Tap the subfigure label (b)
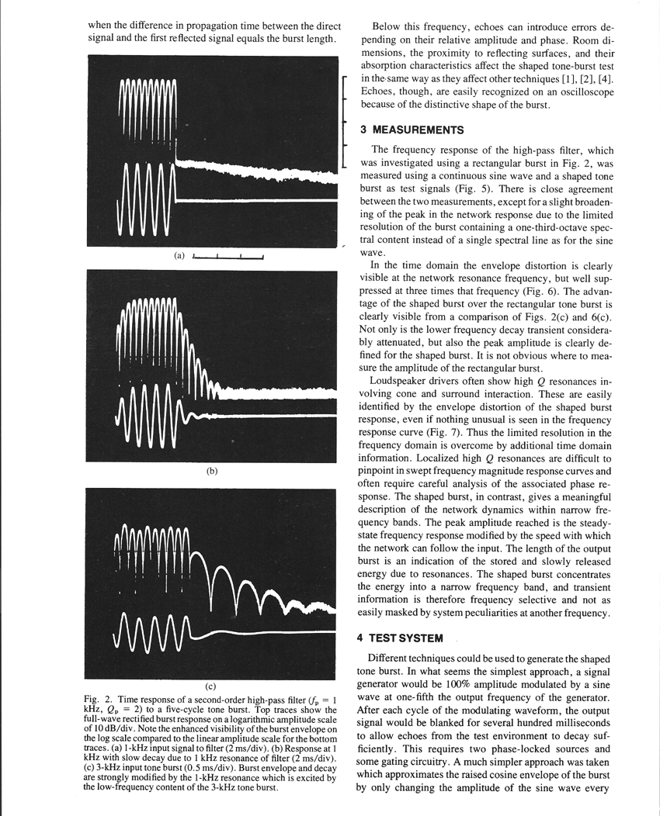pyautogui.click(x=211, y=470)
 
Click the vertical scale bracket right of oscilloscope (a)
pyautogui.click(x=342, y=120)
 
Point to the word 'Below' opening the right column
pyautogui.click(x=389, y=26)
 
